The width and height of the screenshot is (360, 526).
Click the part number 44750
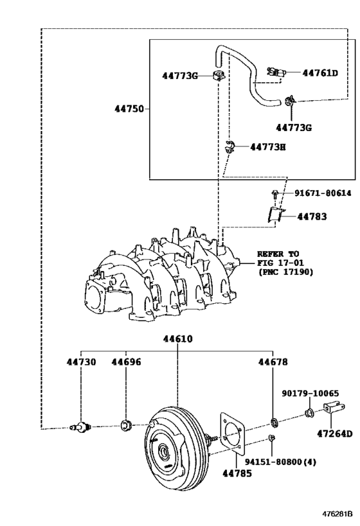pyautogui.click(x=130, y=109)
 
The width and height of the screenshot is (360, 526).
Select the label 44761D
pyautogui.click(x=319, y=73)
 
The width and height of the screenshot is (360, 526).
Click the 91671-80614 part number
pyautogui.click(x=323, y=193)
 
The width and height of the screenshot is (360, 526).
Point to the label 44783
pyautogui.click(x=312, y=217)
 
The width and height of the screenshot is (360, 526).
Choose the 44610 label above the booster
pyautogui.click(x=177, y=339)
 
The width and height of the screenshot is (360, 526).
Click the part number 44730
pyautogui.click(x=80, y=362)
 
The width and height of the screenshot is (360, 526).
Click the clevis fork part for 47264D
pyautogui.click(x=330, y=409)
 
